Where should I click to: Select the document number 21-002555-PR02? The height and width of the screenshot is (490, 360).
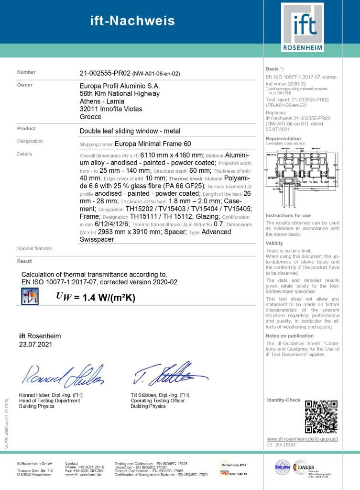pyautogui.click(x=105, y=73)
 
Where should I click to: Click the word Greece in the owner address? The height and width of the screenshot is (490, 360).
pyautogui.click(x=90, y=117)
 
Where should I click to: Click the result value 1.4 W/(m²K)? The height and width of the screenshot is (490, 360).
pyautogui.click(x=109, y=298)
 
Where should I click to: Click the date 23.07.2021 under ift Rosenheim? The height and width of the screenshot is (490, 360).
pyautogui.click(x=35, y=344)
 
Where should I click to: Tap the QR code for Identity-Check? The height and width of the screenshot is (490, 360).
pyautogui.click(x=321, y=416)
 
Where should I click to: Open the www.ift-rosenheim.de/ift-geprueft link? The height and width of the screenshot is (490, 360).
pyautogui.click(x=302, y=439)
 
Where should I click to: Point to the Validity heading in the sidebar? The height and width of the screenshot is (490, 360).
pyautogui.click(x=274, y=243)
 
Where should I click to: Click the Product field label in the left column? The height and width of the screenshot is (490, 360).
pyautogui.click(x=26, y=128)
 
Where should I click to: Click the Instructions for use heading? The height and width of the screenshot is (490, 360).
pyautogui.click(x=288, y=216)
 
